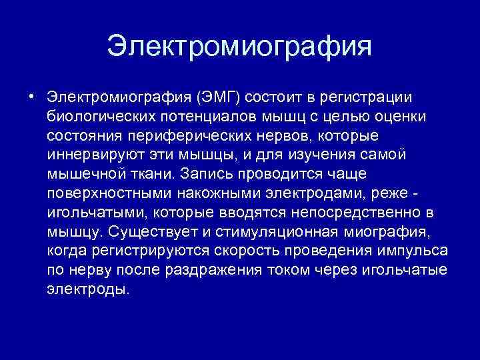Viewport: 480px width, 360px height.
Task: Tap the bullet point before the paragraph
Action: tap(31, 97)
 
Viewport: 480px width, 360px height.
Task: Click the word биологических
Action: tap(101, 117)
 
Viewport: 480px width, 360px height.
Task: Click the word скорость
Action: tap(245, 252)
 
